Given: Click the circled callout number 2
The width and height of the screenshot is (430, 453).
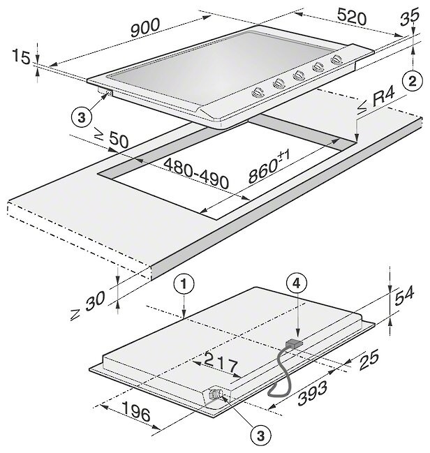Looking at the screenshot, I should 413,77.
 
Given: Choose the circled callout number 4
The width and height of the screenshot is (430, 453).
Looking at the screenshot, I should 297,283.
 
